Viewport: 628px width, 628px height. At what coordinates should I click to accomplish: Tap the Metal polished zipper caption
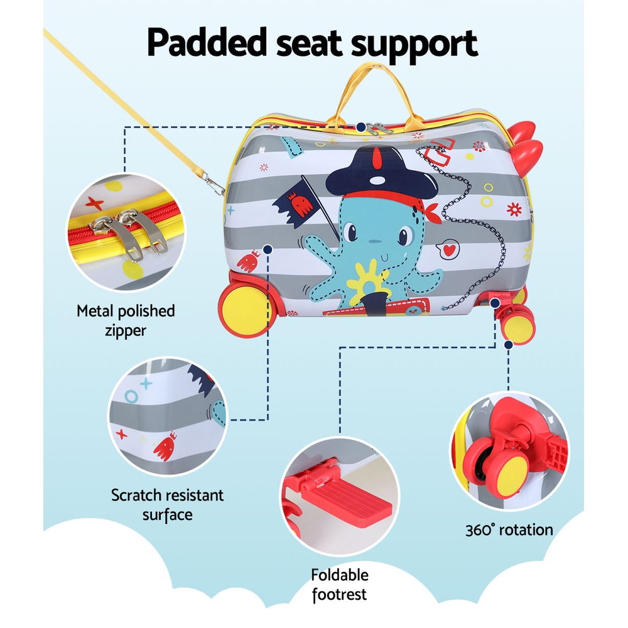[x=126, y=320]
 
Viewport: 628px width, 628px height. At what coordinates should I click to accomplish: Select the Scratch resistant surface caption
[x=167, y=504]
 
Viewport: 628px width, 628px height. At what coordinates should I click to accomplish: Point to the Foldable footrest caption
[x=340, y=584]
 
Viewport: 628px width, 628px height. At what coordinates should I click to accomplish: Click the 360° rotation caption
[x=509, y=529]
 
